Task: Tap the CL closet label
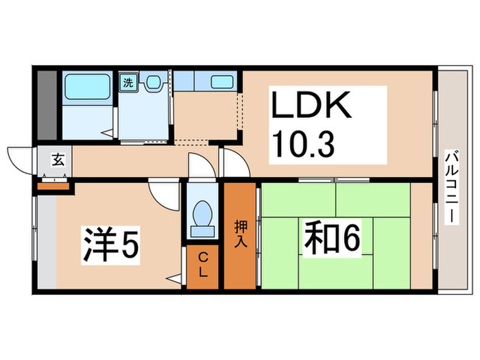[203, 263]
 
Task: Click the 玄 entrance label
[58, 161]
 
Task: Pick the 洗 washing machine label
[128, 83]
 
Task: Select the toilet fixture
[202, 215]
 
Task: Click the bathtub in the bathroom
[85, 86]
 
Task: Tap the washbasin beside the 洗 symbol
[152, 83]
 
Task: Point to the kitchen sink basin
[222, 82]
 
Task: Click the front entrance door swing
[21, 162]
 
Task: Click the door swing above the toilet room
[202, 167]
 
